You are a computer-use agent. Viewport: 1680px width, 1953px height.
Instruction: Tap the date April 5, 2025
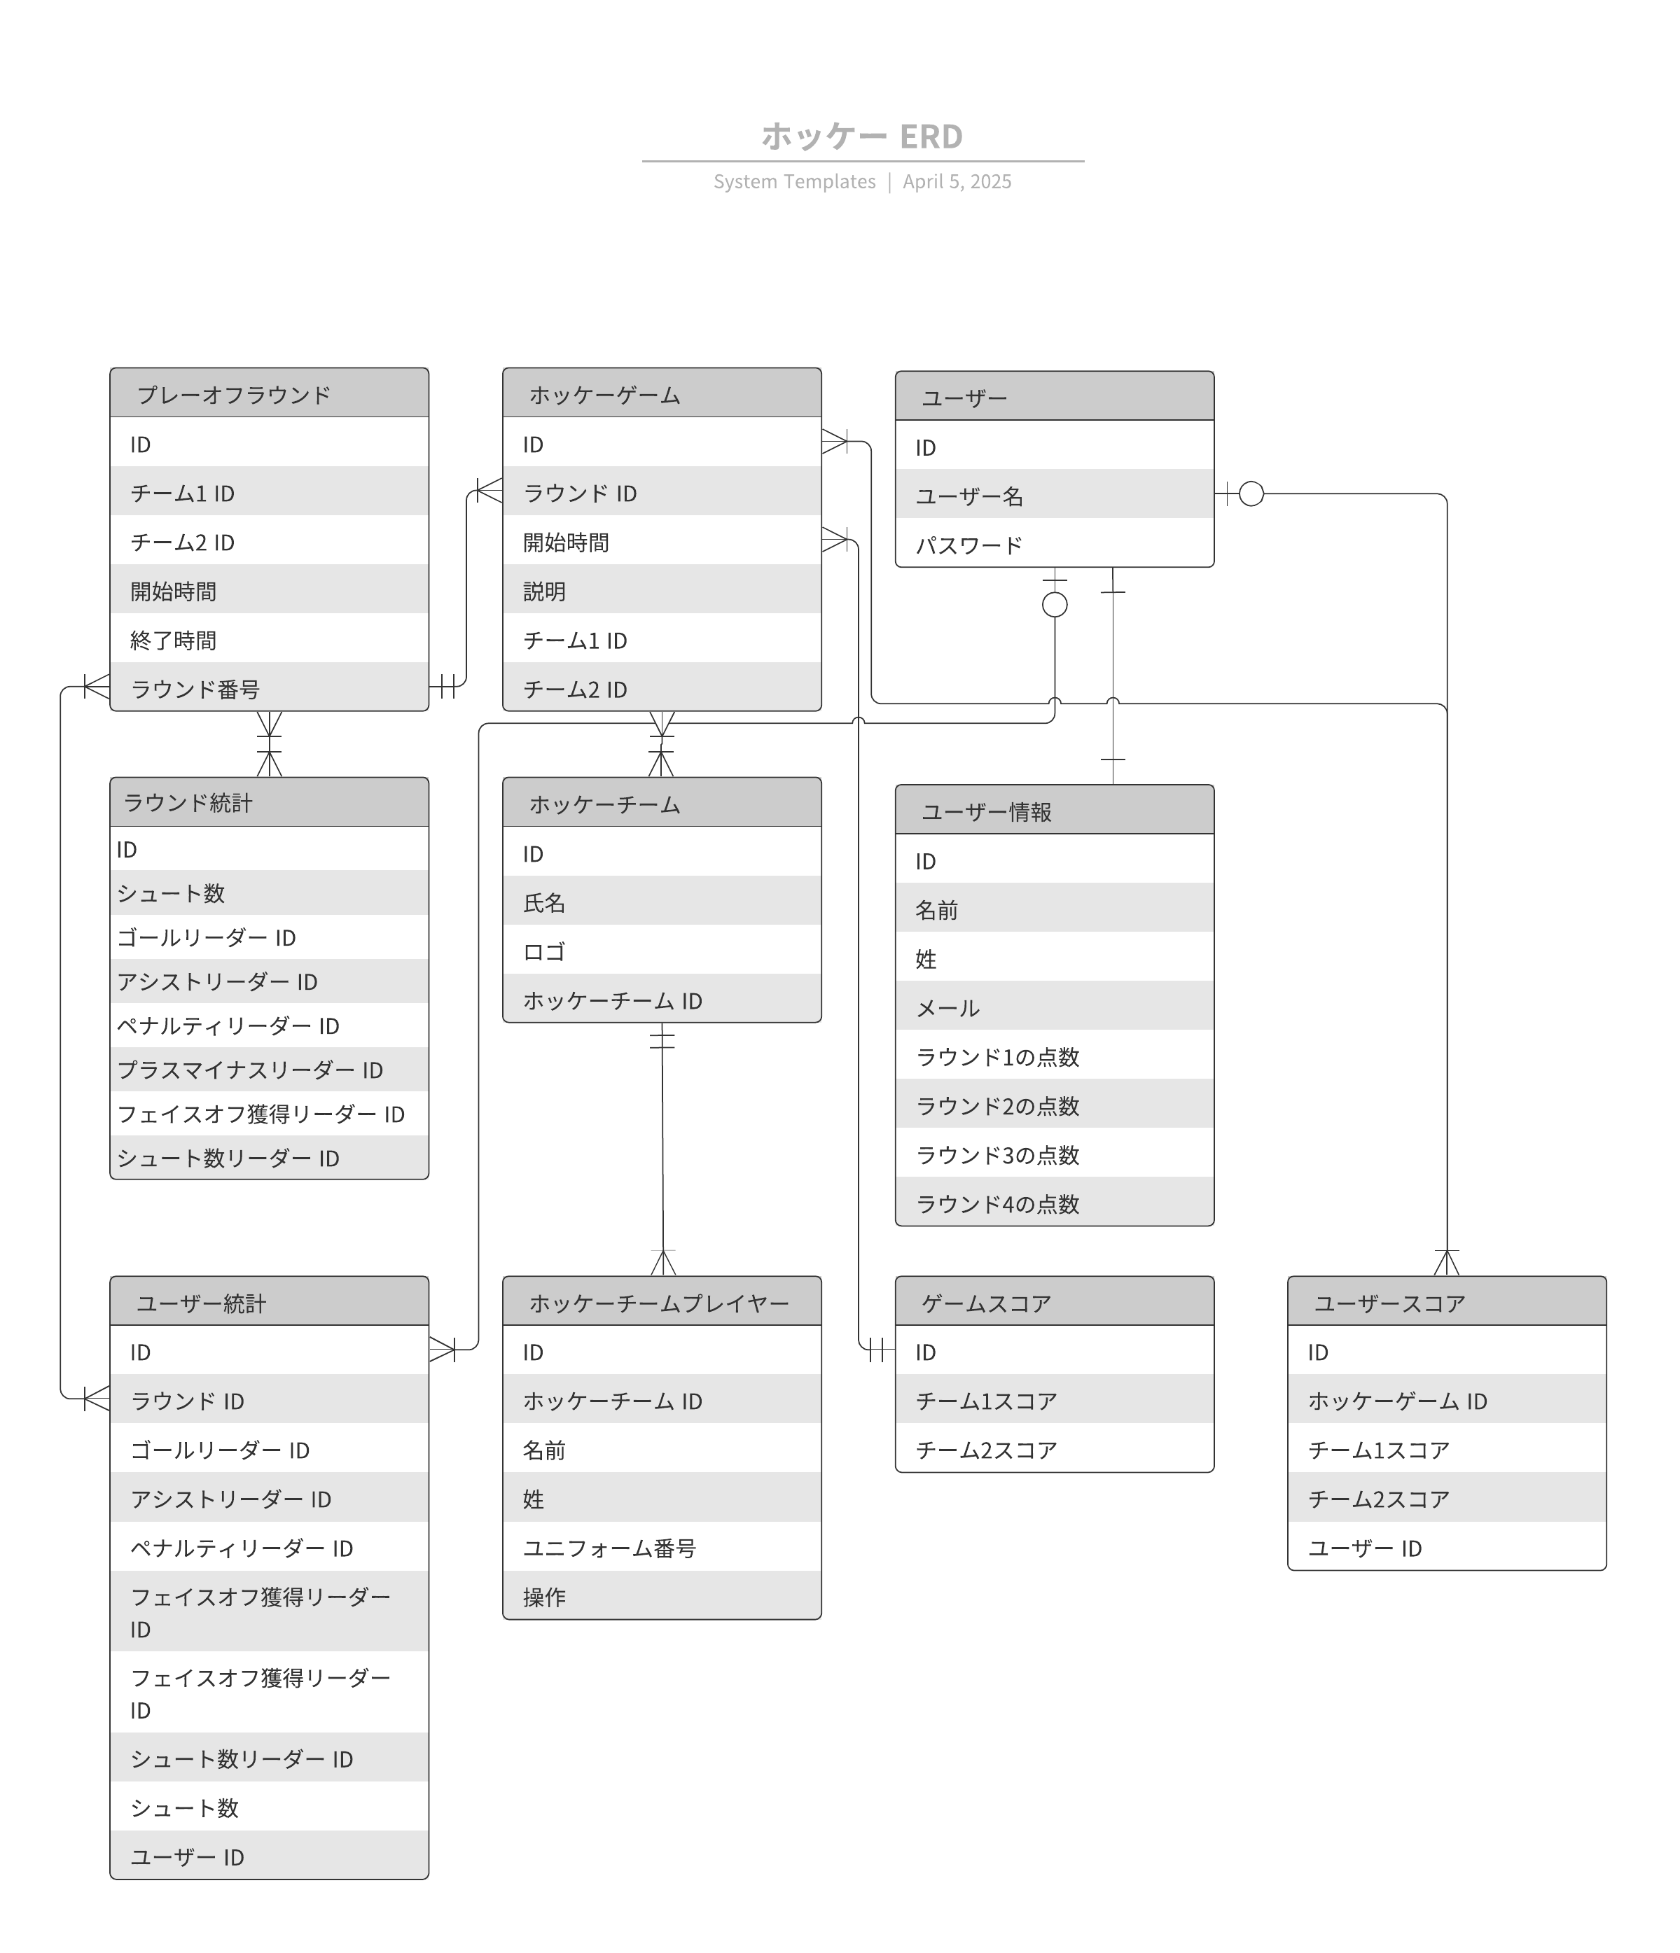tap(957, 182)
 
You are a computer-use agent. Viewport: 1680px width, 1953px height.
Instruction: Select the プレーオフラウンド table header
tap(270, 393)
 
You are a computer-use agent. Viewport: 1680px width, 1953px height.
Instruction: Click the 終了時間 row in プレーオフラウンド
tap(270, 640)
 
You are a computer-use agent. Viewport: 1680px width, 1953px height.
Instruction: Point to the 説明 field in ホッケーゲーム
tap(662, 591)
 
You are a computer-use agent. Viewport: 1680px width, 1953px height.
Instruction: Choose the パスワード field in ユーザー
tap(1054, 544)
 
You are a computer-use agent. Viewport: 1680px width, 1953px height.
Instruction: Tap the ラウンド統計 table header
tap(270, 802)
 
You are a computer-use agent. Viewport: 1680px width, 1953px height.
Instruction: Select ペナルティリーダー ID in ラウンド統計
tap(270, 1025)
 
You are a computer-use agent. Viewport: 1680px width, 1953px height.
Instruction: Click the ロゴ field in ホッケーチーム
tap(662, 951)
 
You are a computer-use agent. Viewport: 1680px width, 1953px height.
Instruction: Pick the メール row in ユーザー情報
tap(1054, 1007)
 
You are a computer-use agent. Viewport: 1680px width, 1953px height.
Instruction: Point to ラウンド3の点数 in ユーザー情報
tap(1054, 1154)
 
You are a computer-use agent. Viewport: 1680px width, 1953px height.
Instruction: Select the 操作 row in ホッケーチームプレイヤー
tap(662, 1597)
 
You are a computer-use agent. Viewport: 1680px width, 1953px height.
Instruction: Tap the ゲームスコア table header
tap(1054, 1302)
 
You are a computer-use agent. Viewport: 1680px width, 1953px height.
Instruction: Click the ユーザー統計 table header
tap(270, 1302)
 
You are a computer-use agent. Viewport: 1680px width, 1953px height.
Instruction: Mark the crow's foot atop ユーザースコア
tap(1446, 1263)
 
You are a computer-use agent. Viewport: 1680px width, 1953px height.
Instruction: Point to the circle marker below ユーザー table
tap(1054, 605)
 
